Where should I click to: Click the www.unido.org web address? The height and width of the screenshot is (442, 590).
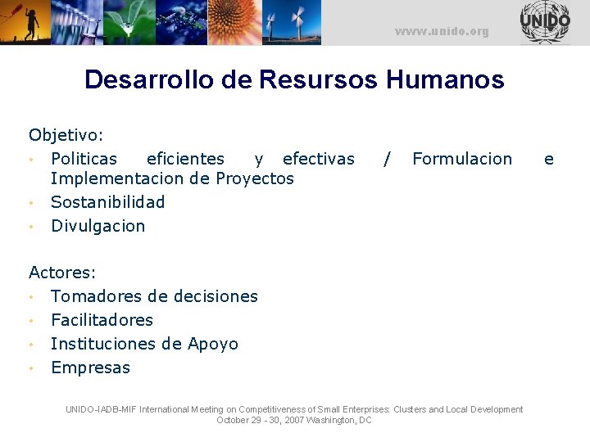441,32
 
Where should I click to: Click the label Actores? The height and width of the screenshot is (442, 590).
62,272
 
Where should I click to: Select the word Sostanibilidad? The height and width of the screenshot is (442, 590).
107,201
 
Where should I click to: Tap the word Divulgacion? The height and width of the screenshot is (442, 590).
98,226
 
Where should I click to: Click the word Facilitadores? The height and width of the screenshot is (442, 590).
102,320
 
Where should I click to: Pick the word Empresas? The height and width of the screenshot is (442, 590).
90,368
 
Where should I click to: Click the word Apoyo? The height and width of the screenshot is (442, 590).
213,344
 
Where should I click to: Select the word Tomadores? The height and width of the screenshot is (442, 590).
93,296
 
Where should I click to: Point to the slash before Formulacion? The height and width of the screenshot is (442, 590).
387,159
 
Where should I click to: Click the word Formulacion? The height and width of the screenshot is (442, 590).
462,159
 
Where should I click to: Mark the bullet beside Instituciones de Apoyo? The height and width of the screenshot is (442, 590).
30,345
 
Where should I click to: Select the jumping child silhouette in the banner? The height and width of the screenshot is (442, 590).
31,22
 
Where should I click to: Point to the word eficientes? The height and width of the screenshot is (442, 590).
185,159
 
